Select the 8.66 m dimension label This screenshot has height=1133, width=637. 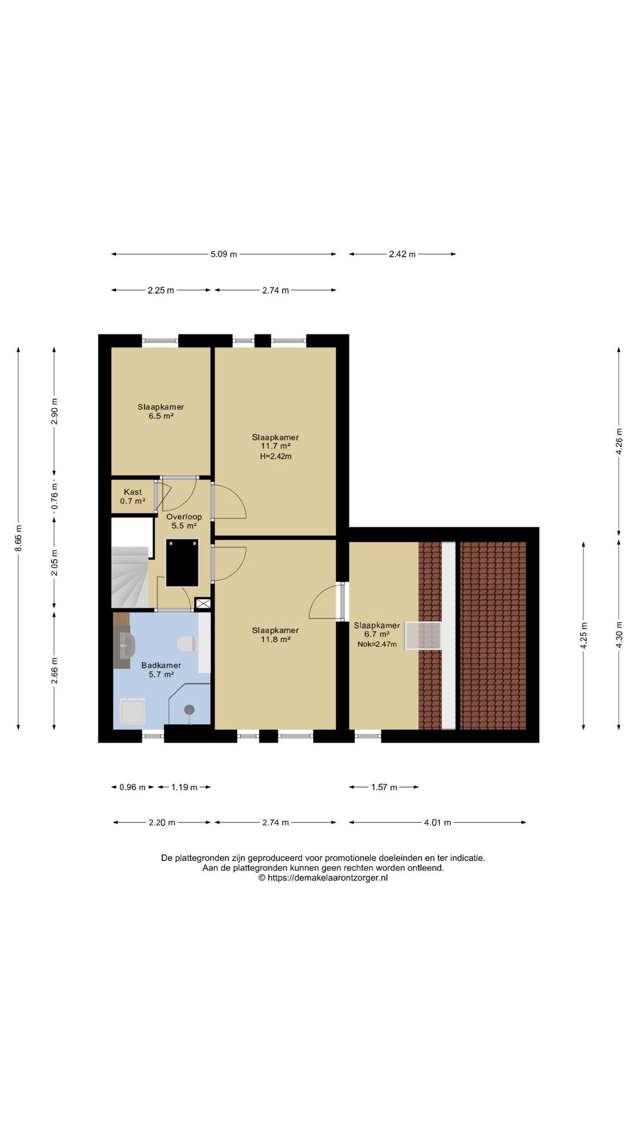(19, 538)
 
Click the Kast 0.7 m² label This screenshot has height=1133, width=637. (133, 496)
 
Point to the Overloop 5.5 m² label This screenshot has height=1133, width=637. (184, 521)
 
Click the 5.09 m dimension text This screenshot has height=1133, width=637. (224, 254)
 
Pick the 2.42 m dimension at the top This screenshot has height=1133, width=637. (402, 254)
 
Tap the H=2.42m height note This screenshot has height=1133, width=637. (275, 456)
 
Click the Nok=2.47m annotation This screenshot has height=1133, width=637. (377, 644)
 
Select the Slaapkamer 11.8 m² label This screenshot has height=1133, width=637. (275, 634)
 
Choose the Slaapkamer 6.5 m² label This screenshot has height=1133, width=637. (161, 411)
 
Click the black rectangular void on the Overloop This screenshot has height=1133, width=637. (182, 562)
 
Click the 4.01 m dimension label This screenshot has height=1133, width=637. (438, 823)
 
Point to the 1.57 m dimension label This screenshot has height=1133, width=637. (384, 787)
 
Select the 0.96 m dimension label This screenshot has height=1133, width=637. (132, 787)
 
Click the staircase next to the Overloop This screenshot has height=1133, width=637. (130, 577)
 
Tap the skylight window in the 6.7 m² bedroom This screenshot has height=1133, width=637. (423, 636)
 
